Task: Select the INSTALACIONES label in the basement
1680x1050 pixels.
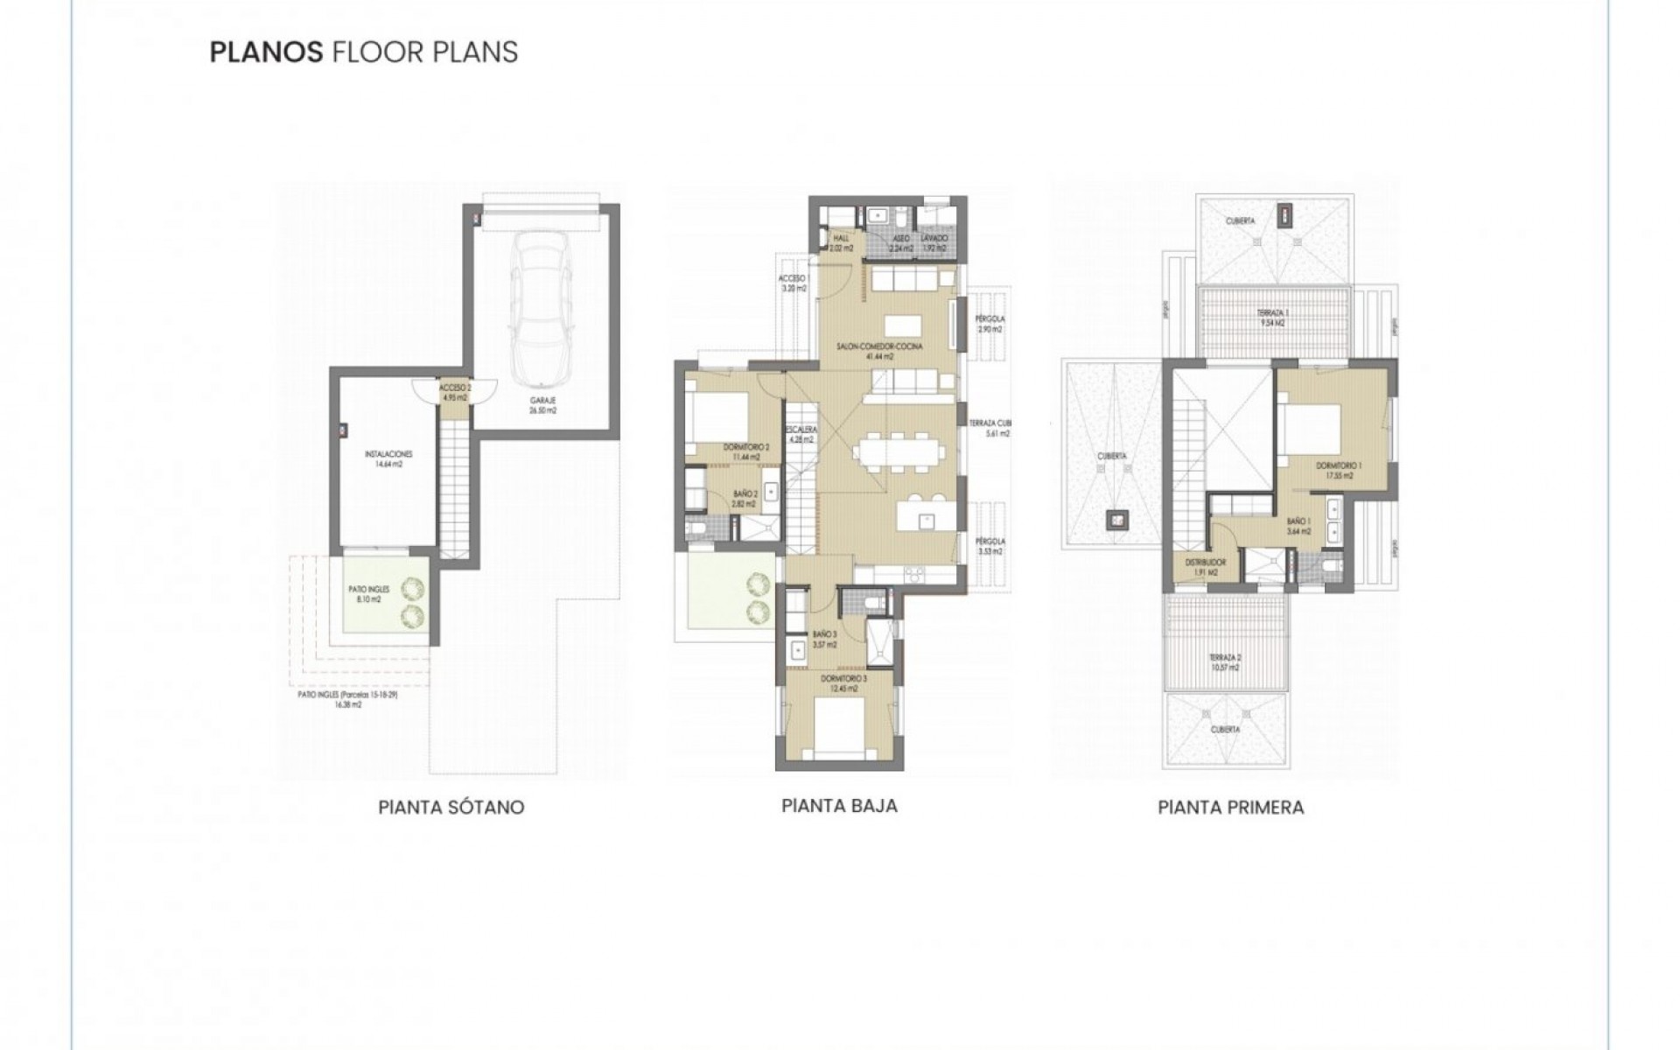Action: click(x=388, y=454)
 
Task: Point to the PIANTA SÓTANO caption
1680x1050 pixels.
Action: click(x=451, y=807)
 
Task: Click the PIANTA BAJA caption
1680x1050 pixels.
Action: click(x=839, y=805)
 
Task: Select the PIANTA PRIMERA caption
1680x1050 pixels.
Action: click(x=1230, y=807)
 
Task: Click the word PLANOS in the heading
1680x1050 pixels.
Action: click(x=267, y=52)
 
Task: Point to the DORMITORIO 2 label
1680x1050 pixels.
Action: click(x=745, y=447)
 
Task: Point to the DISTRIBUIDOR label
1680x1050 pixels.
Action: click(x=1205, y=563)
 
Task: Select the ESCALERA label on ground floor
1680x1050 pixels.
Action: click(x=801, y=430)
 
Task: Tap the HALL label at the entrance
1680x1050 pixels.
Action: click(x=841, y=238)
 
